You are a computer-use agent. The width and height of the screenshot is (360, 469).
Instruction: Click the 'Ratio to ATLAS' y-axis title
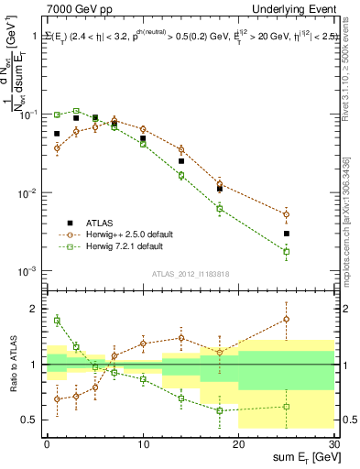click(15, 365)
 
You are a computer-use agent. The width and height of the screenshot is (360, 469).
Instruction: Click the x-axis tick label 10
click(143, 443)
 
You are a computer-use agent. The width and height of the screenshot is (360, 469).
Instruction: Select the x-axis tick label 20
click(238, 443)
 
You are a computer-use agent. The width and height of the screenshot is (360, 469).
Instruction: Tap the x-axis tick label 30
click(333, 443)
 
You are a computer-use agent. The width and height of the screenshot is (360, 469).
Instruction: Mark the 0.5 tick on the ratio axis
click(33, 420)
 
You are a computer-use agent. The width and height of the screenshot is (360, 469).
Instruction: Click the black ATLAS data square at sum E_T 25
click(287, 234)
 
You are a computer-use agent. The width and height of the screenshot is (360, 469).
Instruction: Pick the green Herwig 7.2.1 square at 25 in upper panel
click(287, 251)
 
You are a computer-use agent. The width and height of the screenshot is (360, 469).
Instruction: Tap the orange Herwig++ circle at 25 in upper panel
click(287, 214)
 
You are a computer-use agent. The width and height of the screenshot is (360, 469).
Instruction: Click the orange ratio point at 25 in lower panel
click(287, 320)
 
